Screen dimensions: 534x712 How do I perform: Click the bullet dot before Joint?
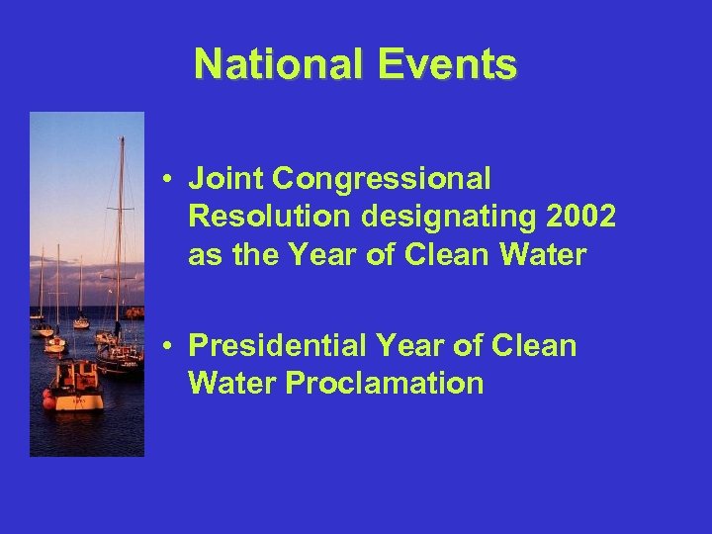point(171,180)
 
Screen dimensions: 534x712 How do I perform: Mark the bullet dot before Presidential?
point(171,347)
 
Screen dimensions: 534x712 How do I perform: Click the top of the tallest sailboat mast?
point(122,138)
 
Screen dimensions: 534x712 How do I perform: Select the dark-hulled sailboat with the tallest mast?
point(119,362)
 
